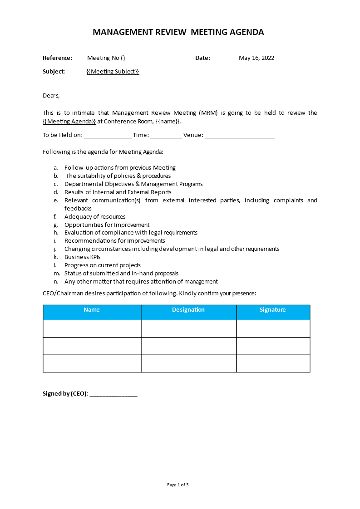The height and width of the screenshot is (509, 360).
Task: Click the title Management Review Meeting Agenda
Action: [x=178, y=32]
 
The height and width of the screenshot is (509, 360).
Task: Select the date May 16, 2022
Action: [x=256, y=58]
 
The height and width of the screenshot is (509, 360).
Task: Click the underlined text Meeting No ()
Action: [x=106, y=58]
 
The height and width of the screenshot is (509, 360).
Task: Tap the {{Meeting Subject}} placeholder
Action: [x=113, y=72]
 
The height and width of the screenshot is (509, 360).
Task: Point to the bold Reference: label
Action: [x=57, y=58]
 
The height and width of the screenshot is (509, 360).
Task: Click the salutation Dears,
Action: [x=51, y=96]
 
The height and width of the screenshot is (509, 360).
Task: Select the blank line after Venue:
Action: [x=240, y=135]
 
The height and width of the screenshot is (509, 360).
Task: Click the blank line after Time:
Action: [x=166, y=135]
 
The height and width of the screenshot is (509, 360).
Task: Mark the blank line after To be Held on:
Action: [x=108, y=135]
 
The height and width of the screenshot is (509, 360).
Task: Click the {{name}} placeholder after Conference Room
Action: [x=168, y=121]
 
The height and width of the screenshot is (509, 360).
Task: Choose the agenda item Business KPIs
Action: [x=82, y=257]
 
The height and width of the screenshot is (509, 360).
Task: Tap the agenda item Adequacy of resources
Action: [x=95, y=217]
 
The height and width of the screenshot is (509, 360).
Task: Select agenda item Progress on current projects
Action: [x=103, y=265]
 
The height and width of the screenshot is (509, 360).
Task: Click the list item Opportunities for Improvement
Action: [x=107, y=225]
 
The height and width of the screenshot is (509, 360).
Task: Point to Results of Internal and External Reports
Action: [x=118, y=192]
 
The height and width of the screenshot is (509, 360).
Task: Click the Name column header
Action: [x=92, y=310]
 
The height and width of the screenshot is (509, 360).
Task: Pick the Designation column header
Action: [x=188, y=310]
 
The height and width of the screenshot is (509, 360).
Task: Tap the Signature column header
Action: [x=273, y=310]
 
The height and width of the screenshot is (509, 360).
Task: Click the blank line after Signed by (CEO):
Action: [x=113, y=394]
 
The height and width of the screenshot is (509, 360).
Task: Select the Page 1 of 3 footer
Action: [x=178, y=485]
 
